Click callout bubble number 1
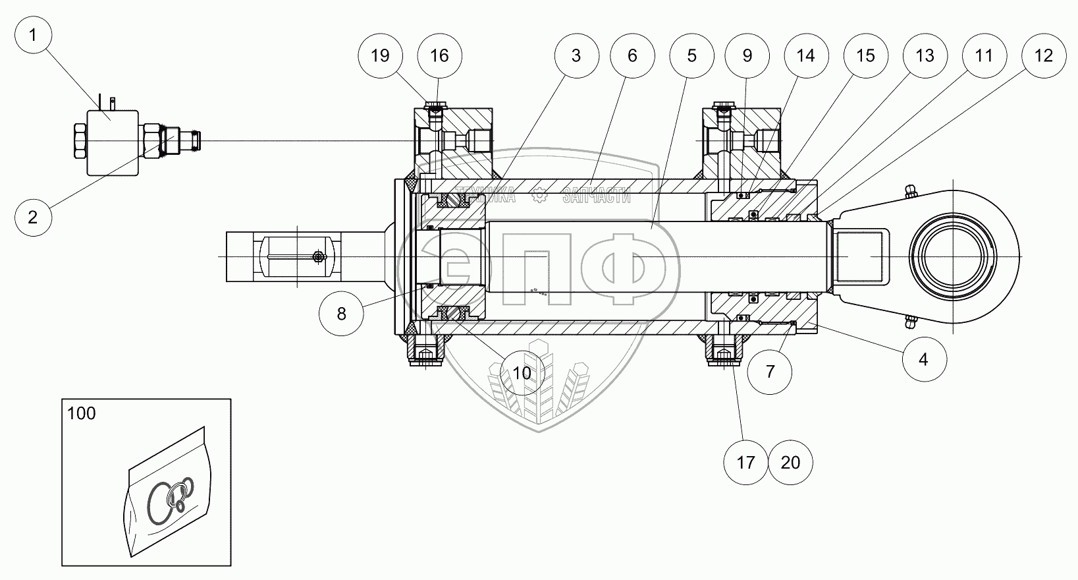click(33, 35)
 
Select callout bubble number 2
click(33, 217)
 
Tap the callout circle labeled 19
click(380, 55)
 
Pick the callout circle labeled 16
click(439, 55)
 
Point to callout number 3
click(577, 55)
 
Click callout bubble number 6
click(632, 55)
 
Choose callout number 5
click(691, 55)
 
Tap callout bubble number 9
click(747, 55)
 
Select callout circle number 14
click(806, 55)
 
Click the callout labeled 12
click(1044, 55)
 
